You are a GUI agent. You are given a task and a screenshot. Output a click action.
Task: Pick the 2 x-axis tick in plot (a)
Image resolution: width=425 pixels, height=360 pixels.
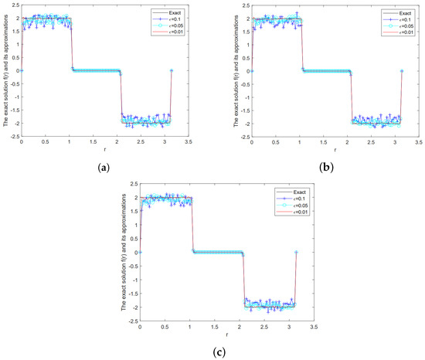tap(115, 142)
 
